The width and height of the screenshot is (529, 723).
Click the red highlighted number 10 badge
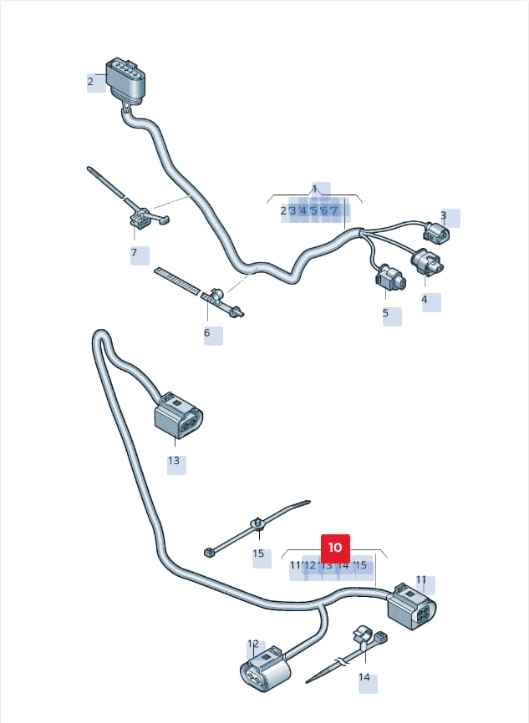pyautogui.click(x=335, y=548)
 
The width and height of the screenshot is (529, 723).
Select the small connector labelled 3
pyautogui.click(x=435, y=231)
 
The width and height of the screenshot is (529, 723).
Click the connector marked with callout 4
pyautogui.click(x=427, y=262)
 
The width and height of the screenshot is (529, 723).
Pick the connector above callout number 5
pyautogui.click(x=390, y=278)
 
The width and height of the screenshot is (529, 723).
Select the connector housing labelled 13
pyautogui.click(x=178, y=415)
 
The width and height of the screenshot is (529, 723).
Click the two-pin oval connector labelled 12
pyautogui.click(x=263, y=669)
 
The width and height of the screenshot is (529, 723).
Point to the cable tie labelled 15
pyautogui.click(x=257, y=527)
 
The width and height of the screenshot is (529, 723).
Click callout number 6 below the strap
pyautogui.click(x=206, y=332)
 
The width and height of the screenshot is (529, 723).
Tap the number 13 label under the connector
pyautogui.click(x=174, y=461)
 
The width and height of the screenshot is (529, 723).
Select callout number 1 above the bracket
pyautogui.click(x=315, y=189)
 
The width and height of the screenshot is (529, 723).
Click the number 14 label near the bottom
pyautogui.click(x=364, y=677)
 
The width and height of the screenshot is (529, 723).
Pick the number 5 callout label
pyautogui.click(x=385, y=313)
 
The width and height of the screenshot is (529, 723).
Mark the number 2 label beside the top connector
pyautogui.click(x=90, y=82)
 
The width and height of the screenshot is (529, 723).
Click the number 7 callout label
pyautogui.click(x=135, y=253)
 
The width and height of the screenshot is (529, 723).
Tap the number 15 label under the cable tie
pyautogui.click(x=258, y=553)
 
